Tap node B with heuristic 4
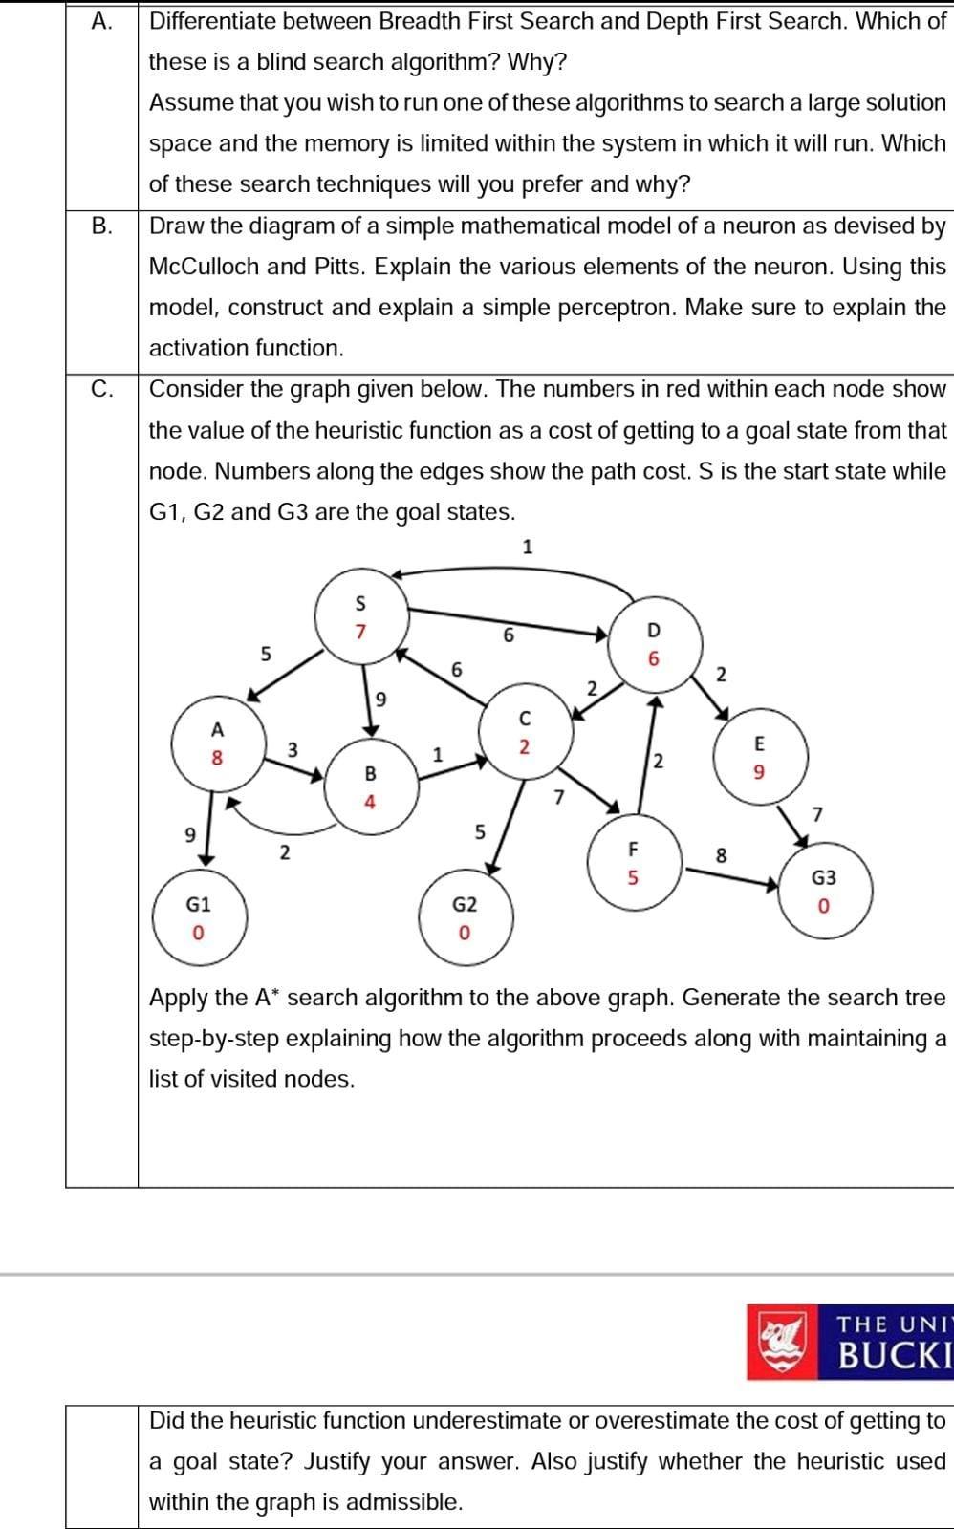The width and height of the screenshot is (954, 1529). point(370,786)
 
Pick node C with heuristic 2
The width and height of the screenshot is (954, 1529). point(524,732)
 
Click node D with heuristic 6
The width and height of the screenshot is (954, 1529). point(654,644)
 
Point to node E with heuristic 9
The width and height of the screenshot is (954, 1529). point(760,756)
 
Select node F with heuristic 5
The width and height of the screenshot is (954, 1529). point(632,862)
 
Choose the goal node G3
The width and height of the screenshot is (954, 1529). point(824,890)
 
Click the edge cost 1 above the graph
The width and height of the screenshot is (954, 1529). point(528,547)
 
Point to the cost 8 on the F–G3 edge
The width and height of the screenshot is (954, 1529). point(722,854)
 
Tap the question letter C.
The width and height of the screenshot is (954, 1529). point(101,389)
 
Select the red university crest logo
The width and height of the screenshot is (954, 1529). point(782,1342)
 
